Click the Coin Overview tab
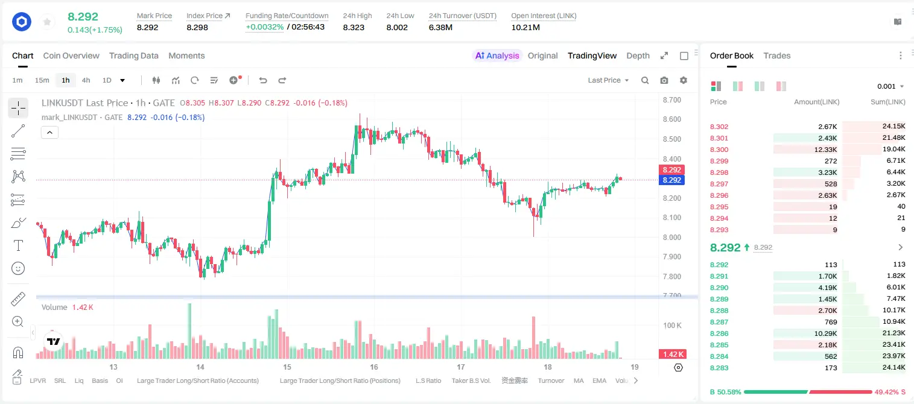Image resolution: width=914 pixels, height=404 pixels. point(71,55)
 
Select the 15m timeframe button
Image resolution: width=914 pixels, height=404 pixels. point(42,80)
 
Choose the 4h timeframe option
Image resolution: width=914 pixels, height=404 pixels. point(86,80)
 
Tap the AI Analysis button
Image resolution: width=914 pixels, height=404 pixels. point(497,55)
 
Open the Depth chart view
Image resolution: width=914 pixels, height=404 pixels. point(638,55)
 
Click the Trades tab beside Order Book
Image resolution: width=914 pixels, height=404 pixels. point(777,55)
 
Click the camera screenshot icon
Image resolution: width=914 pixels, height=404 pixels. point(664,80)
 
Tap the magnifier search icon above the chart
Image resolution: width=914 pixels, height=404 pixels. point(645,80)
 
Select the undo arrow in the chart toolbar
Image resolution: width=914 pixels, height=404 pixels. point(263,80)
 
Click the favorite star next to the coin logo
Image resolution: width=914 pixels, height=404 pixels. point(47,22)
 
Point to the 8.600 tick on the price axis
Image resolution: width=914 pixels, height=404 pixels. point(671,119)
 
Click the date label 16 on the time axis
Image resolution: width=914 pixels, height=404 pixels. point(374,367)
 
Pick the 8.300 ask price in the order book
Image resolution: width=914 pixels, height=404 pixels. point(719,150)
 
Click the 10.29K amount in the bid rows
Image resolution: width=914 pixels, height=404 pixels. point(825,333)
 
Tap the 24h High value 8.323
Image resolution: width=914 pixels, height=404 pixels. point(354,27)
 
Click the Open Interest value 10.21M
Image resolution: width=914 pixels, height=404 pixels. point(525,27)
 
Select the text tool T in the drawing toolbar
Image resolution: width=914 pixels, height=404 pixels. point(18,245)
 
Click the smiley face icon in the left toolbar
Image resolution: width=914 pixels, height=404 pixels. point(18,268)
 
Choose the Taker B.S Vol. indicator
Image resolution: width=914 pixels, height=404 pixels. point(471,380)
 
